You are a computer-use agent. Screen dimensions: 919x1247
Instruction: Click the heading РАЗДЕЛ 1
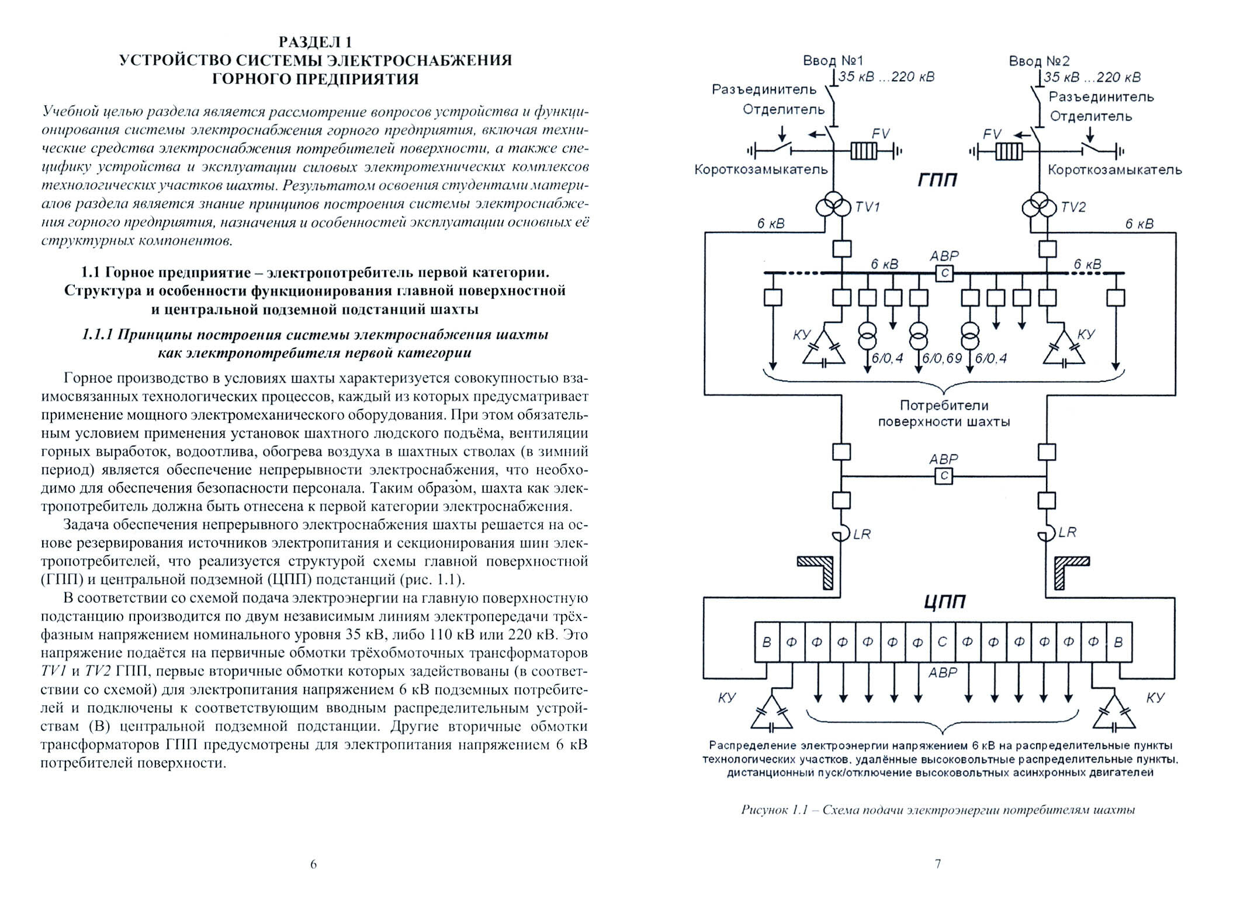click(315, 43)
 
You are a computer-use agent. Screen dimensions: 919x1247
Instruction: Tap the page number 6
click(313, 864)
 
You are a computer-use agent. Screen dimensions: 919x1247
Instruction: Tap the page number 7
click(938, 863)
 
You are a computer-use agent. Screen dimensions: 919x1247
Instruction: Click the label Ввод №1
click(833, 61)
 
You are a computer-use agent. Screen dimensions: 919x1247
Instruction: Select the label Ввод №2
click(1039, 61)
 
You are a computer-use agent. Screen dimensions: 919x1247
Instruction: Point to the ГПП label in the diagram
click(937, 179)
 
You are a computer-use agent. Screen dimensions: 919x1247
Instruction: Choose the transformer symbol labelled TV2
click(1039, 207)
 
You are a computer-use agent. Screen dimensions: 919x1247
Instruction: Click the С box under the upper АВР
click(944, 273)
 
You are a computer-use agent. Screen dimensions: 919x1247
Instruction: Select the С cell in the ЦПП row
click(942, 642)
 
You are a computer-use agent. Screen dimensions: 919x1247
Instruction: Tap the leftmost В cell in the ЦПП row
click(767, 642)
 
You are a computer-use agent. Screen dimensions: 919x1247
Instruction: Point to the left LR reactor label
click(861, 535)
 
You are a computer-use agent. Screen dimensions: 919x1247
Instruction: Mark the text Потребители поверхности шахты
click(944, 413)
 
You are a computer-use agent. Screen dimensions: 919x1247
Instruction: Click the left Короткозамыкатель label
click(761, 169)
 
